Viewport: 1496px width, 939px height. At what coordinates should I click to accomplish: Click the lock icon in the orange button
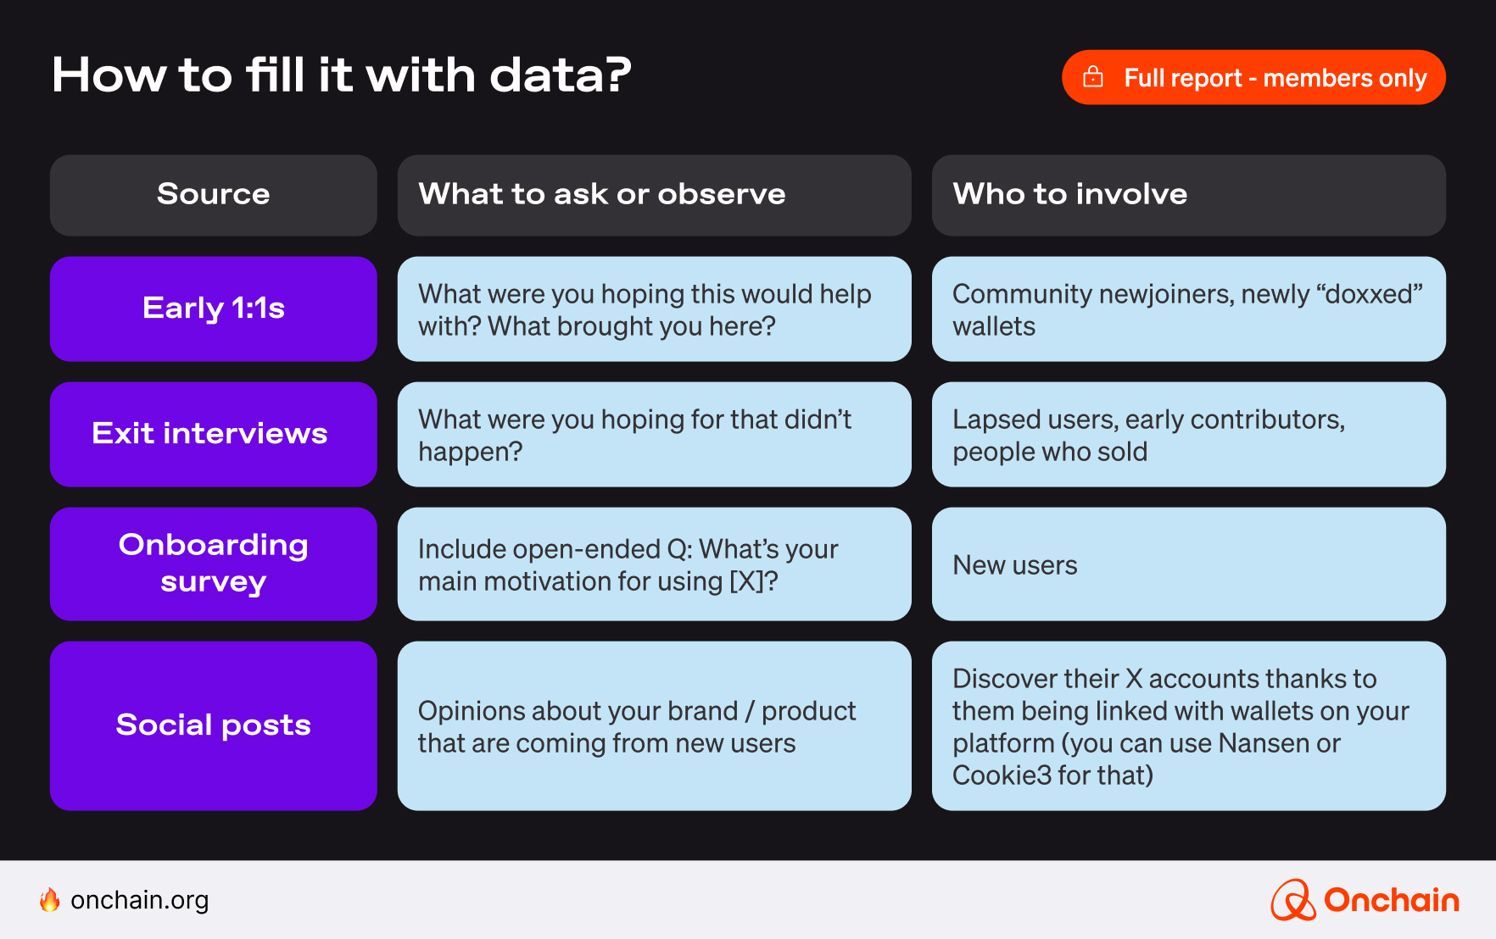(x=1093, y=77)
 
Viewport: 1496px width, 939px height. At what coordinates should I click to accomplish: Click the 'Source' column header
(x=213, y=195)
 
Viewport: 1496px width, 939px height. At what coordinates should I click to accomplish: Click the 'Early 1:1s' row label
(x=213, y=308)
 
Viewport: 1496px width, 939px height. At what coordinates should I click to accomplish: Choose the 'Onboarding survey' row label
(x=213, y=564)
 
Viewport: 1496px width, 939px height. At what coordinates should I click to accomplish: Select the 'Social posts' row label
(x=213, y=725)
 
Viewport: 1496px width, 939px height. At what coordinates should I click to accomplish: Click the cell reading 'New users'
(x=1188, y=564)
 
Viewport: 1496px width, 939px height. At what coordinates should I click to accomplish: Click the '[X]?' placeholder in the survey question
(x=753, y=582)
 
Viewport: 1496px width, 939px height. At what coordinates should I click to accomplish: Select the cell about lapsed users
(x=1188, y=435)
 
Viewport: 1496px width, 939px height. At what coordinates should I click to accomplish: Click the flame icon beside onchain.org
(x=50, y=900)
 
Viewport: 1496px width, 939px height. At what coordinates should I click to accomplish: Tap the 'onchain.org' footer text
(x=140, y=900)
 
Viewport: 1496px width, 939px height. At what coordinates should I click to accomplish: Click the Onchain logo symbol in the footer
(x=1292, y=900)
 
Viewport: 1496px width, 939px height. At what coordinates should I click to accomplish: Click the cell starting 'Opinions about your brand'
(x=654, y=726)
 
